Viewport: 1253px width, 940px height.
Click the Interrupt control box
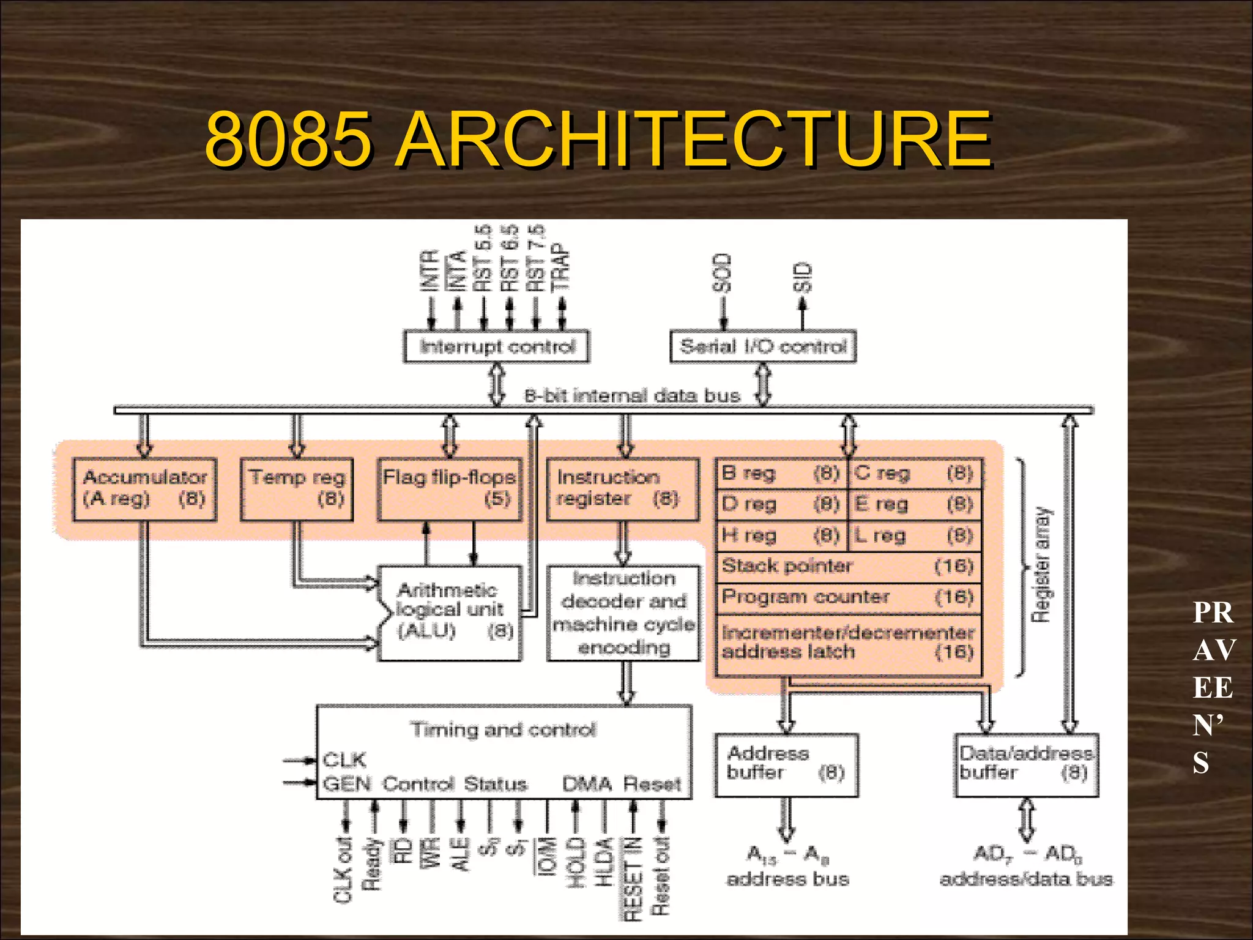[497, 346]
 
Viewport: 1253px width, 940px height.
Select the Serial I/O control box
[763, 346]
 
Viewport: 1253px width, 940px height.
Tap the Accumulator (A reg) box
[144, 489]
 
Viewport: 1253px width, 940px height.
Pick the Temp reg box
[297, 489]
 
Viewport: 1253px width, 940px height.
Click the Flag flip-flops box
[450, 489]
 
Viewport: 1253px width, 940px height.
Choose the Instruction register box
[623, 489]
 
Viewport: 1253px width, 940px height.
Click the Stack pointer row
[848, 566]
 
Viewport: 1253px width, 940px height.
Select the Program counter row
[848, 597]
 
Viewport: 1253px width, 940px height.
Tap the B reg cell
[781, 473]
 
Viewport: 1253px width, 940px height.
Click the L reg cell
[915, 536]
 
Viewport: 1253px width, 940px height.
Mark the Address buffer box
[786, 764]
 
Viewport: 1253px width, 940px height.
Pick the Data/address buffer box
[1027, 764]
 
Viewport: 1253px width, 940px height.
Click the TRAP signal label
[560, 267]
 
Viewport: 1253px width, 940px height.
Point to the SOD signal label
[723, 273]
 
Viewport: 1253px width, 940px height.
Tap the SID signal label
[802, 277]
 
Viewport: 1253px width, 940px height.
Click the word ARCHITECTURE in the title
[694, 140]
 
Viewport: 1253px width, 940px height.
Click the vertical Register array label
[1041, 564]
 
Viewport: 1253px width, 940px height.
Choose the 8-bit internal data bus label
[632, 396]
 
